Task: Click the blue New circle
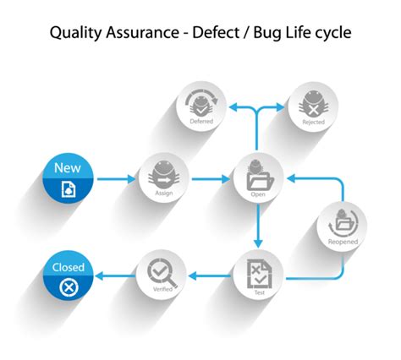pyautogui.click(x=68, y=178)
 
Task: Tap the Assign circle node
pyautogui.click(x=165, y=178)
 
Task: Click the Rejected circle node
pyautogui.click(x=314, y=107)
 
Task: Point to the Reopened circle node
pyautogui.click(x=343, y=226)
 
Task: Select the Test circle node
pyautogui.click(x=258, y=275)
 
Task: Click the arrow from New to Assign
pyautogui.click(x=116, y=178)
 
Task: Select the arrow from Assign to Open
pyautogui.click(x=212, y=178)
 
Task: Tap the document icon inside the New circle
pyautogui.click(x=68, y=190)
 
